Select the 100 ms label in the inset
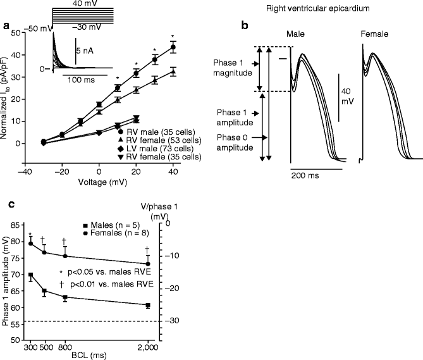tap(77, 80)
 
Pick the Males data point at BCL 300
tap(30, 275)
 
